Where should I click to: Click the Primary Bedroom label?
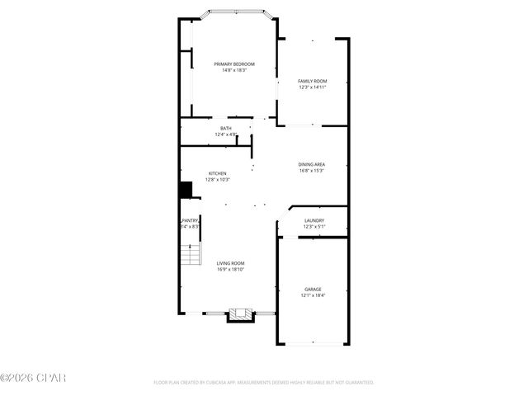234,64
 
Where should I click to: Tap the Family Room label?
313,81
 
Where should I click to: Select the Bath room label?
226,129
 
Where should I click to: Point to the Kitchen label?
217,173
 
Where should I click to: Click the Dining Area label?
311,165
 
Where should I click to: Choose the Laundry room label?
314,220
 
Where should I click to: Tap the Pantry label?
190,220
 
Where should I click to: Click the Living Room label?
231,263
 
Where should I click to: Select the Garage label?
313,289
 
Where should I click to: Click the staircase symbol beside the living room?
191,255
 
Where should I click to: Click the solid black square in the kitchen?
186,190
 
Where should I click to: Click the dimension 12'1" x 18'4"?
313,295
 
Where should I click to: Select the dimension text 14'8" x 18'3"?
234,70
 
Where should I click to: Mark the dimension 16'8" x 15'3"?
311,171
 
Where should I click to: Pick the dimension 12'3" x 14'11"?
313,87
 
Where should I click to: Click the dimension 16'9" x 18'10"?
231,269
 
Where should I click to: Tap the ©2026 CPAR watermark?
33,378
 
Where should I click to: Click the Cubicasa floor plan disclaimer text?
264,383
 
